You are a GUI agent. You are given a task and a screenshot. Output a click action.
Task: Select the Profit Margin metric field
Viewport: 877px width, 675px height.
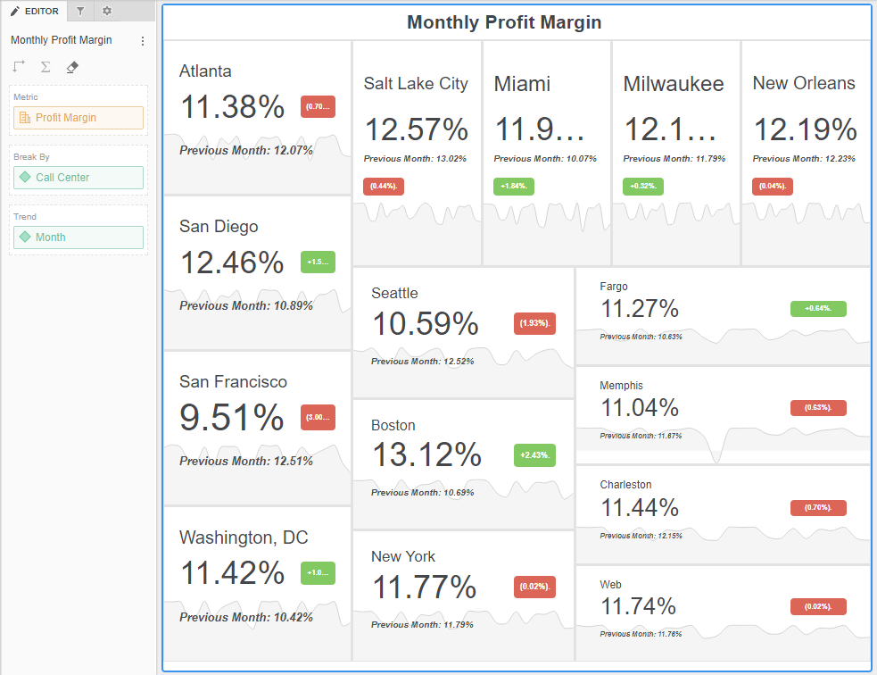[x=78, y=118]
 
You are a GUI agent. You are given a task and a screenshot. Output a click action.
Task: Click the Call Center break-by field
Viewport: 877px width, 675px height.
[x=78, y=178]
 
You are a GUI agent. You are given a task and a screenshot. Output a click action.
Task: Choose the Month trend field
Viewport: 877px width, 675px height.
[x=78, y=237]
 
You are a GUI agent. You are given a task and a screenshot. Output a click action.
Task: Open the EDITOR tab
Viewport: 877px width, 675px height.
[x=35, y=12]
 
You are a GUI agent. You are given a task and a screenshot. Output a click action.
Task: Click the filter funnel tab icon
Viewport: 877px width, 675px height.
[x=80, y=12]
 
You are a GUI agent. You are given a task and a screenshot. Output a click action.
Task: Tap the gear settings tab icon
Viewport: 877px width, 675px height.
[x=107, y=12]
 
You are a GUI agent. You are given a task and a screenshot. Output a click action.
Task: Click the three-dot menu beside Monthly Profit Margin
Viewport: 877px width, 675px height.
[x=143, y=41]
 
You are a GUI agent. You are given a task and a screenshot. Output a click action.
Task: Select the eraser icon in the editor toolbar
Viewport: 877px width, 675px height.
[x=72, y=67]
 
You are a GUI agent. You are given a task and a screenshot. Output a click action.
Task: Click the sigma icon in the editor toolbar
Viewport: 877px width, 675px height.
[x=46, y=67]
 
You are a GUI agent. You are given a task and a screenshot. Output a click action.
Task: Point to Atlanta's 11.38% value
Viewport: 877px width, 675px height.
[x=232, y=107]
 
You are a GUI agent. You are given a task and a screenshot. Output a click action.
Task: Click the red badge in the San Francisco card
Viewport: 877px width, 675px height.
[x=318, y=418]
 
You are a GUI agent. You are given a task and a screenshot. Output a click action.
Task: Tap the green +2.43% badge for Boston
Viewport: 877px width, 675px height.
[x=534, y=454]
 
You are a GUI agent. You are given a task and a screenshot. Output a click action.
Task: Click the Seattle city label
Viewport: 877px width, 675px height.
[x=394, y=293]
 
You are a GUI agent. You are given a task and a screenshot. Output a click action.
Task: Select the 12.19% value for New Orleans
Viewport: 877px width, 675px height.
[x=805, y=129]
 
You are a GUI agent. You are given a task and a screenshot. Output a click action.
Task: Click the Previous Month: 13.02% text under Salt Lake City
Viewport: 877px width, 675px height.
[x=415, y=159]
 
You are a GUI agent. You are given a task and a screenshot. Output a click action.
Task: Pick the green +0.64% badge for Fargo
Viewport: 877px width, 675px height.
[x=817, y=309]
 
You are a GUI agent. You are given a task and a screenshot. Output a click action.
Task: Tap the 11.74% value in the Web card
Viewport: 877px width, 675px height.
[x=638, y=607]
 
